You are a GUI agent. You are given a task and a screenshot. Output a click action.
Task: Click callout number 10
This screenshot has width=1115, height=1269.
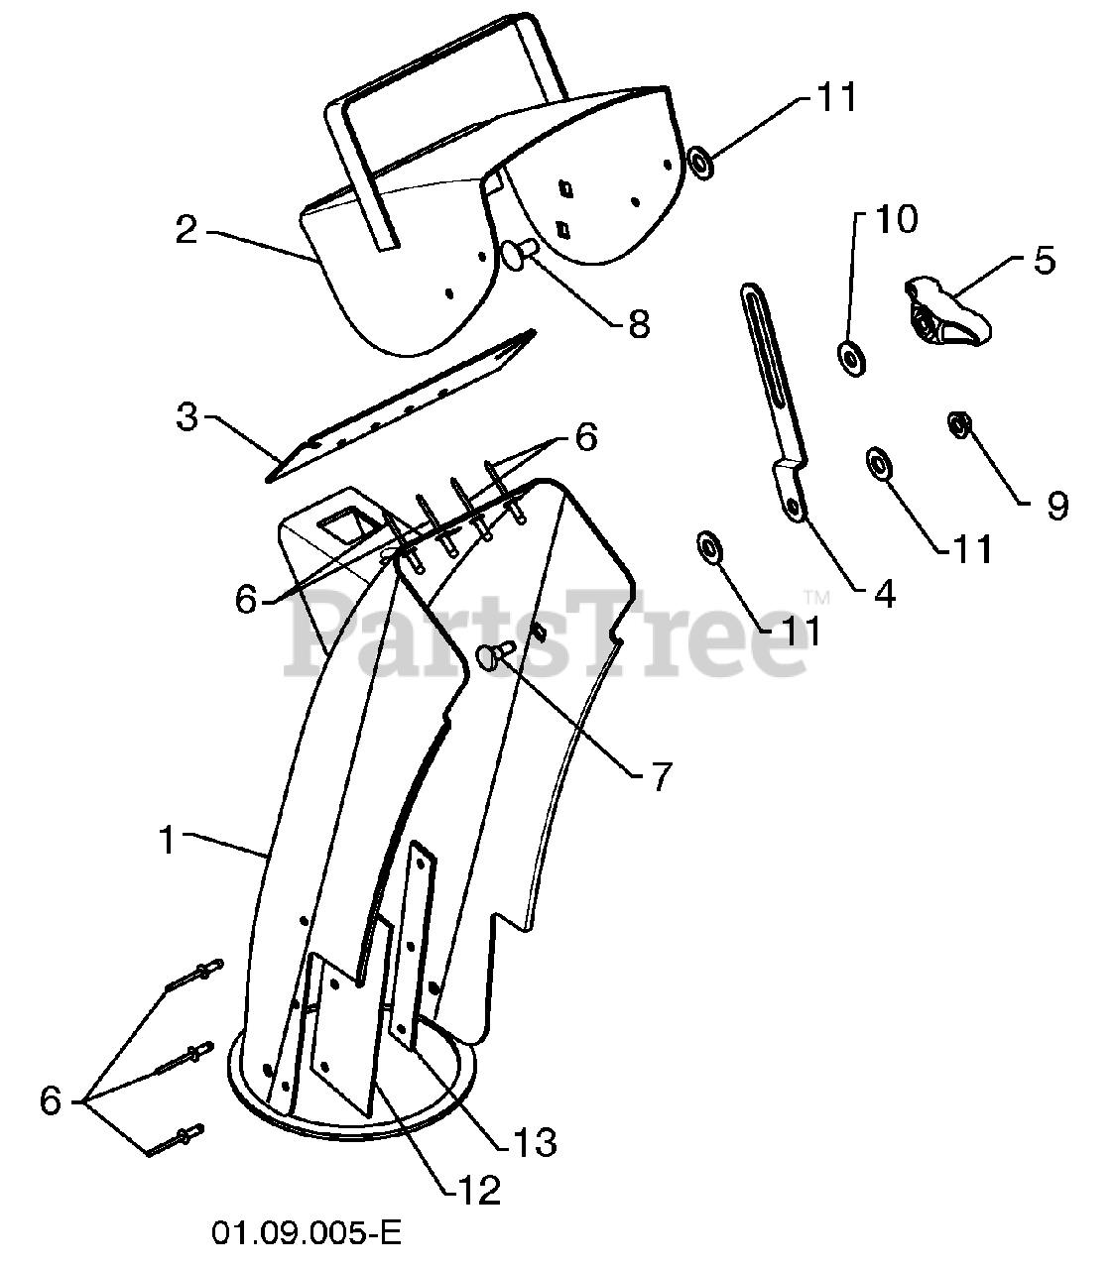click(895, 219)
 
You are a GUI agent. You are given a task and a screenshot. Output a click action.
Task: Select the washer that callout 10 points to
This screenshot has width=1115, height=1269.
click(851, 356)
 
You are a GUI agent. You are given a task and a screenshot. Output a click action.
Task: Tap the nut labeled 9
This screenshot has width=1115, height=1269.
click(958, 425)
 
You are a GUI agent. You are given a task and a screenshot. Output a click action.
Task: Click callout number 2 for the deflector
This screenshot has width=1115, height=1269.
click(186, 229)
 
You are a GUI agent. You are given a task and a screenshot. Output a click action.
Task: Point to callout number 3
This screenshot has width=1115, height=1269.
click(186, 416)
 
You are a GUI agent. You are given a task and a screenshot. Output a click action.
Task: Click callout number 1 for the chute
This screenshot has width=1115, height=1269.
click(168, 840)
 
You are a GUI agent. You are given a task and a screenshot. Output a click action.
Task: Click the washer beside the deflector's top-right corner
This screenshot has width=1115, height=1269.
click(701, 161)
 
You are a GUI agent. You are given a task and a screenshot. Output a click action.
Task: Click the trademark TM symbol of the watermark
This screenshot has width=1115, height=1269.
click(815, 597)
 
